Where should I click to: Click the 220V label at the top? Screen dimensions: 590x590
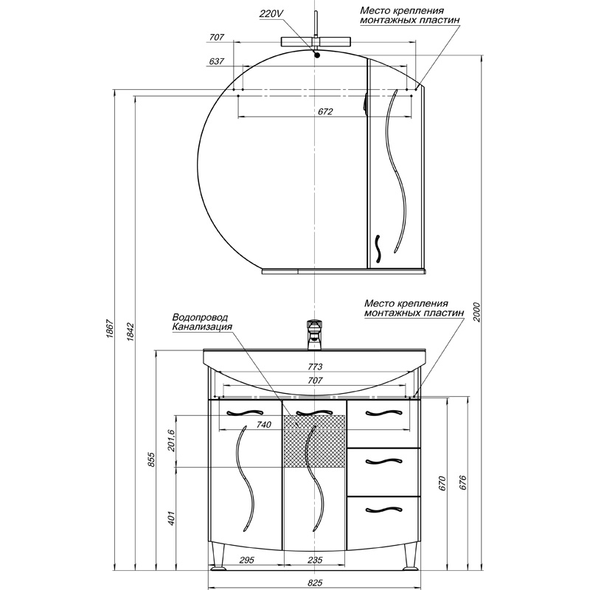pyautogui.click(x=271, y=14)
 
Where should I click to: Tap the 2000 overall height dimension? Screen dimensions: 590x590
pyautogui.click(x=476, y=311)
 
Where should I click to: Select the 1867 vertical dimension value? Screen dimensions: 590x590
pyautogui.click(x=109, y=329)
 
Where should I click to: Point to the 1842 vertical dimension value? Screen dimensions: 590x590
pyautogui.click(x=131, y=331)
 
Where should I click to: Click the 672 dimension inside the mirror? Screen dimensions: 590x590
pyautogui.click(x=325, y=112)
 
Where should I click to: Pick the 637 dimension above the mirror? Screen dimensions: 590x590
pyautogui.click(x=216, y=61)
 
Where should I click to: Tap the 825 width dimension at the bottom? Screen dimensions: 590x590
pyautogui.click(x=315, y=583)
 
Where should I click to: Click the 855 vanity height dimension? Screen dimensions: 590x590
pyautogui.click(x=151, y=459)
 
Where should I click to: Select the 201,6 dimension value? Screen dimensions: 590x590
pyautogui.click(x=172, y=440)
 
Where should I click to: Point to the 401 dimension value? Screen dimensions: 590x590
pyautogui.click(x=171, y=518)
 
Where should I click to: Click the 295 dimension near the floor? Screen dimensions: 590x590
pyautogui.click(x=246, y=560)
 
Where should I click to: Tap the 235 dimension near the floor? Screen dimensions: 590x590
pyautogui.click(x=315, y=560)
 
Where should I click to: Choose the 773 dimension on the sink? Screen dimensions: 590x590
pyautogui.click(x=315, y=367)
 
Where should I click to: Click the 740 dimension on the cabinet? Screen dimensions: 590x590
pyautogui.click(x=263, y=425)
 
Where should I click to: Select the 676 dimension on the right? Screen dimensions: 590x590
pyautogui.click(x=463, y=483)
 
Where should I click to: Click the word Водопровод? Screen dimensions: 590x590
pyautogui.click(x=200, y=318)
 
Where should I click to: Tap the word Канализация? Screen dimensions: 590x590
pyautogui.click(x=202, y=327)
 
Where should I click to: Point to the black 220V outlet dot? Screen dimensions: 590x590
pyautogui.click(x=317, y=55)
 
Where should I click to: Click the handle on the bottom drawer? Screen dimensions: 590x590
pyautogui.click(x=383, y=510)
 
